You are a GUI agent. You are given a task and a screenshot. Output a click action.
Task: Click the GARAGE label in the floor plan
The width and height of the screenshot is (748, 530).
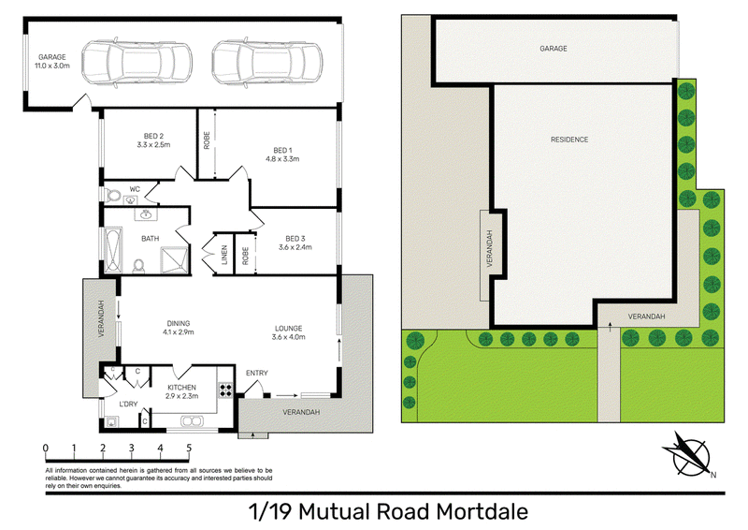click(52, 57)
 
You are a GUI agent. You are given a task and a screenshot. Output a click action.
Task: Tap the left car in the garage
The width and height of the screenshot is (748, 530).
click(137, 63)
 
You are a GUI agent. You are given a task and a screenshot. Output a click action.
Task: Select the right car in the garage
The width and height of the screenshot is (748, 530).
click(266, 63)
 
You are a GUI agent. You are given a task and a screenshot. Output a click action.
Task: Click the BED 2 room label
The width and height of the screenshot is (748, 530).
click(153, 136)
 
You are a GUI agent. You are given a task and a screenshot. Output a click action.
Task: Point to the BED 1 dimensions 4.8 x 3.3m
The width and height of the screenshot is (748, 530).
click(282, 158)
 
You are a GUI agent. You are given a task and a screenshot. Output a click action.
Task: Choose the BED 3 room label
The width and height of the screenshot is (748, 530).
click(295, 239)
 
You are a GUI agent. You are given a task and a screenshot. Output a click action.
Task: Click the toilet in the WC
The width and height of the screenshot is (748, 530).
click(113, 196)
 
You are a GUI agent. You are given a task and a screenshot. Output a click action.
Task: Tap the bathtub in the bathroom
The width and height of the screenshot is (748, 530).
click(113, 250)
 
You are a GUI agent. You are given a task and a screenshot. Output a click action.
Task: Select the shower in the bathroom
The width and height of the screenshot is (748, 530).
click(175, 259)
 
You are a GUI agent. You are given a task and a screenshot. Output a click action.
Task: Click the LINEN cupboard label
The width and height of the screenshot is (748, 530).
click(224, 255)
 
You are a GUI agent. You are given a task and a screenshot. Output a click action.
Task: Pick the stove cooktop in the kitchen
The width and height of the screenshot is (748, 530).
click(225, 390)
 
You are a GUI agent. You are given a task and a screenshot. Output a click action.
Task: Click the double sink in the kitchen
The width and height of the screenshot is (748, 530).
click(192, 421)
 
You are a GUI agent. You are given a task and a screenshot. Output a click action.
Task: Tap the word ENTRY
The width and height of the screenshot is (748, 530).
click(256, 373)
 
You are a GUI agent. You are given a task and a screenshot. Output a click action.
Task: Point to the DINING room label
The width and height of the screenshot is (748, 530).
click(179, 324)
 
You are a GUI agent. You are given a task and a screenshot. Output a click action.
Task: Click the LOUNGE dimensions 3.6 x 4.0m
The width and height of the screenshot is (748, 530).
click(289, 337)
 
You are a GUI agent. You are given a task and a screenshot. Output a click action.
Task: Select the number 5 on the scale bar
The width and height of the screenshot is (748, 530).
click(189, 449)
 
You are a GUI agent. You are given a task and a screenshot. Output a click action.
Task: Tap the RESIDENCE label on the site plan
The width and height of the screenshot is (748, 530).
click(569, 140)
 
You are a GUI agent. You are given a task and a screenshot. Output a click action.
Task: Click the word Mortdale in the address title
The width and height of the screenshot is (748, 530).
click(482, 512)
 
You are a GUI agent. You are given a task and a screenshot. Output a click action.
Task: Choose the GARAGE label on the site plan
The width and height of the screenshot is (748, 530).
click(554, 49)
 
